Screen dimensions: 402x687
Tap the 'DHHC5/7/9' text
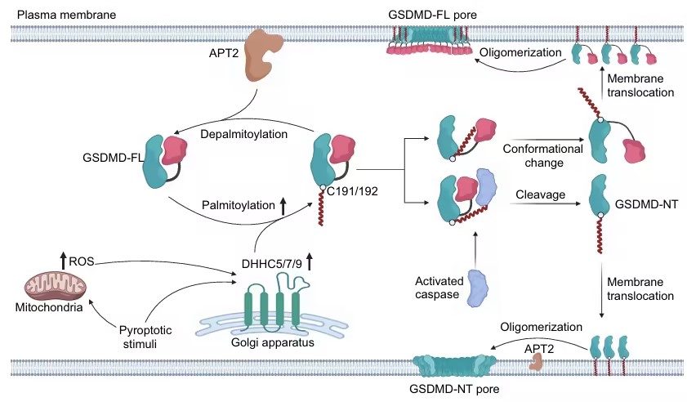coord(265,263)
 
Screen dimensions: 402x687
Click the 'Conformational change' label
coord(542,156)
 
